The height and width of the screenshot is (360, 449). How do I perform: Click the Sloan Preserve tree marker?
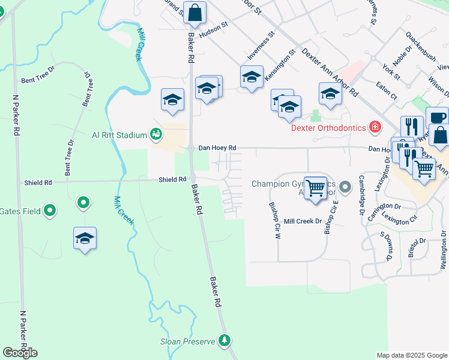pos(224,341)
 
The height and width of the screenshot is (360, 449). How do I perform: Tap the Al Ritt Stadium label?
pos(119,135)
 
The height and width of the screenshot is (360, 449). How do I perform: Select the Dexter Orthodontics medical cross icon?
pos(375,127)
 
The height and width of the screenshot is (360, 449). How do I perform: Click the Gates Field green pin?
pos(50,211)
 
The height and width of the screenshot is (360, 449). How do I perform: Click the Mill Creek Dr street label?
pos(303,221)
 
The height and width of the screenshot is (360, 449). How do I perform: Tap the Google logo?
pos(20,353)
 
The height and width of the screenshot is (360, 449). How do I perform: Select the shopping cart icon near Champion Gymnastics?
pos(315,188)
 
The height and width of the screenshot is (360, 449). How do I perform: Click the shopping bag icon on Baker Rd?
pos(194,12)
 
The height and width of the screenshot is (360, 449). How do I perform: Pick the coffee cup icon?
pos(437,117)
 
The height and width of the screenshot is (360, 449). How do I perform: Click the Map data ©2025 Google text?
pos(411,355)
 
